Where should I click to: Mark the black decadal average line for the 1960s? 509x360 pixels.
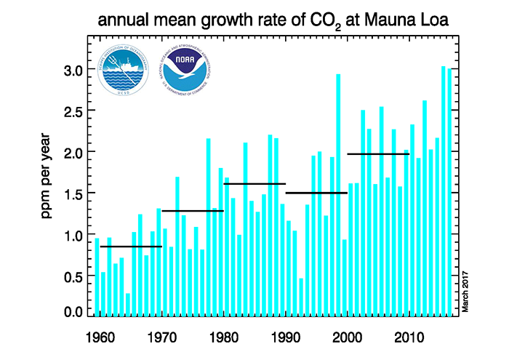pyautogui.click(x=131, y=247)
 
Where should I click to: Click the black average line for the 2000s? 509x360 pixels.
pyautogui.click(x=378, y=154)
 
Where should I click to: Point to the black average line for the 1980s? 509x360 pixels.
pyautogui.click(x=254, y=184)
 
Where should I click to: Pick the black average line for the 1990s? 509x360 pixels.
pyautogui.click(x=316, y=193)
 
